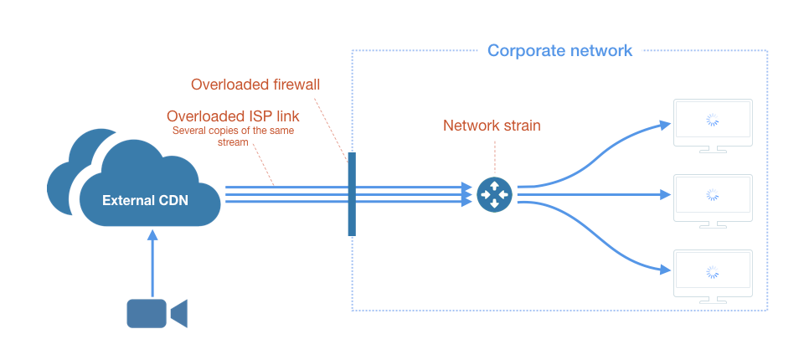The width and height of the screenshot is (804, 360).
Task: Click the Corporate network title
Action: click(559, 50)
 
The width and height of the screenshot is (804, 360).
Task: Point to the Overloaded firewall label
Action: click(255, 85)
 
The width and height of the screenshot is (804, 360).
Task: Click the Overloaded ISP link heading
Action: click(232, 116)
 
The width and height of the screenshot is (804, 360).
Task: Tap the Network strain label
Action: click(492, 126)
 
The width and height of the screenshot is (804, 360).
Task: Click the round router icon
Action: click(494, 194)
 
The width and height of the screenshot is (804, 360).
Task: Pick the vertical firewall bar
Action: click(352, 194)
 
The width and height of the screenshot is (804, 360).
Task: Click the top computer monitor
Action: click(714, 123)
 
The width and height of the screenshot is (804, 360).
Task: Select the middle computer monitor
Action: click(714, 198)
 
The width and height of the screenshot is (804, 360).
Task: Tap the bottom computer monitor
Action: click(714, 273)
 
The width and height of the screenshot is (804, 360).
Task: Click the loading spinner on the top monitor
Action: click(713, 120)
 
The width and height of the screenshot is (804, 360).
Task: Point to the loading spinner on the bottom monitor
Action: click(713, 270)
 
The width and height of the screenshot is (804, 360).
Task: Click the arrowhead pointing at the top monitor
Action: click(665, 125)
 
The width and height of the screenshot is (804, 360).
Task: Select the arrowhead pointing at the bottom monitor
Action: click(665, 270)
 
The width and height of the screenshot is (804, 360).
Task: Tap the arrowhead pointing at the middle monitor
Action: click(665, 194)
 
